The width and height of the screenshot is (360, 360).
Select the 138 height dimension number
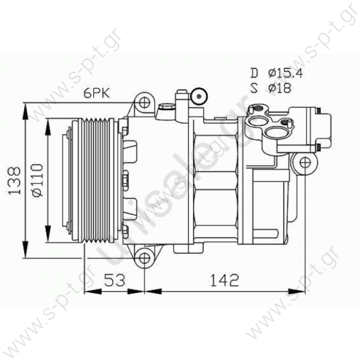(14, 180)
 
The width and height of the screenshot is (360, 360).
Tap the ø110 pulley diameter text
(36, 180)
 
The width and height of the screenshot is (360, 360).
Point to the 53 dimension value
(115, 280)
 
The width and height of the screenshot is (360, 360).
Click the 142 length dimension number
(223, 280)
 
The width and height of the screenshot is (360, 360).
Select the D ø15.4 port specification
(276, 73)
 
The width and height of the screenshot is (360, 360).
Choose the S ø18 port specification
(270, 88)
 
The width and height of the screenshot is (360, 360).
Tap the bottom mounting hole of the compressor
(144, 258)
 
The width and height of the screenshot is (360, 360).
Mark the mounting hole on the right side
(305, 162)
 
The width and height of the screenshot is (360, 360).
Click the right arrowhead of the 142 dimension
(300, 290)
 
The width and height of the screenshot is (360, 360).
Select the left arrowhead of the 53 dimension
(90, 290)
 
